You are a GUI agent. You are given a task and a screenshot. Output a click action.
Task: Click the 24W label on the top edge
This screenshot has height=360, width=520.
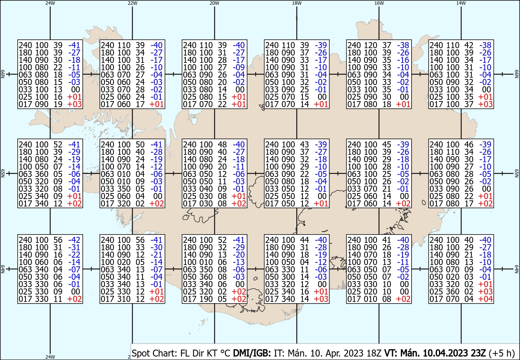click(x=50, y=3)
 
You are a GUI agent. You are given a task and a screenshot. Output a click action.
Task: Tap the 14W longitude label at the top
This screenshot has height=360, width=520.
click(x=461, y=3)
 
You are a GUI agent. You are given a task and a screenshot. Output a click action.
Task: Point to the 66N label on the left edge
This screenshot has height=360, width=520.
click(x=3, y=74)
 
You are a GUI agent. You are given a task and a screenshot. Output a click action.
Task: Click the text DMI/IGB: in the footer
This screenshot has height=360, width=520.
click(x=252, y=353)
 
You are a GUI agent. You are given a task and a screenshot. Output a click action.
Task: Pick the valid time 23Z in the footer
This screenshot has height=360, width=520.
click(x=478, y=353)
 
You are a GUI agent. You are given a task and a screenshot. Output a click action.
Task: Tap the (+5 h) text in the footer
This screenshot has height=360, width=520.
click(x=501, y=353)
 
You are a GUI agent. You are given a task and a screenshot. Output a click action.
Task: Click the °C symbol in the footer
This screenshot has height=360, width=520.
click(x=225, y=353)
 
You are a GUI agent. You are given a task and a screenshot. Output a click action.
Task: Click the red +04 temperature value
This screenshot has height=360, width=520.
click(x=485, y=299)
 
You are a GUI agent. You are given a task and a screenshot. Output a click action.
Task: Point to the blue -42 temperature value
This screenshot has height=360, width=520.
click(x=74, y=240)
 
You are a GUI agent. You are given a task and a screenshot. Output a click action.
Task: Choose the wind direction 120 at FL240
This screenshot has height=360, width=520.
click(x=370, y=45)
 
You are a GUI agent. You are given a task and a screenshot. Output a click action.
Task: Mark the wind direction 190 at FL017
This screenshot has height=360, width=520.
click(x=206, y=299)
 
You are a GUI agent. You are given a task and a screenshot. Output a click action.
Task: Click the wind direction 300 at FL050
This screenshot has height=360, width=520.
click(x=288, y=277)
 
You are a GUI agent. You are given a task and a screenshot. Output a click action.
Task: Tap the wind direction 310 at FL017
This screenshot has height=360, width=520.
click(x=124, y=299)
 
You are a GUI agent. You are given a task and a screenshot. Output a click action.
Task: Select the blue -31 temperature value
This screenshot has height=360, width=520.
click(x=74, y=247)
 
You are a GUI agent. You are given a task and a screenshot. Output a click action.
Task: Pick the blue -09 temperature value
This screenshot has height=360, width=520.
click(x=239, y=67)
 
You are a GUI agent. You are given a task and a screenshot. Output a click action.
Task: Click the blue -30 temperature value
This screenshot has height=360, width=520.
click(x=156, y=247)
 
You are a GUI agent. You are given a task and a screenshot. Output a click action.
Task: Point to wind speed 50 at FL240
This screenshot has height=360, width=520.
click(x=140, y=144)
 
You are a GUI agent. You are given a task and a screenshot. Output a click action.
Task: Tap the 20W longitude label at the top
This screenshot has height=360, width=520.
click(x=214, y=3)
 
